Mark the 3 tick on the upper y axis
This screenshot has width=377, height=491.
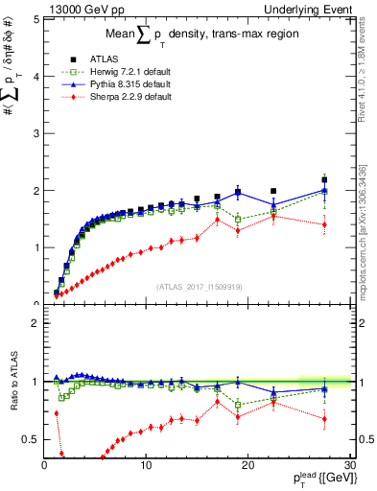click(x=35, y=132)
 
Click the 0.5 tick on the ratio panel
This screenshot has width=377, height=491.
click(x=32, y=439)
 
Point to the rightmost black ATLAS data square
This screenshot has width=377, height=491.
click(x=324, y=180)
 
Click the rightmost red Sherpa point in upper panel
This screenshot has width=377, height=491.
click(x=324, y=224)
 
